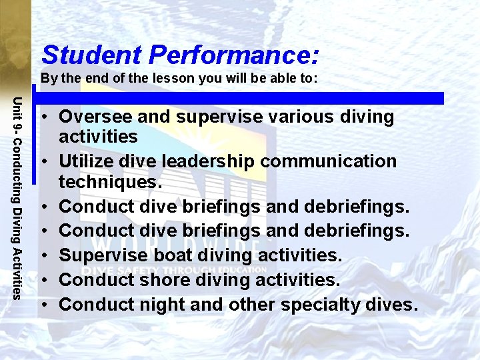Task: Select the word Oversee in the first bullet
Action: (95, 117)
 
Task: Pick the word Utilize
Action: (90, 161)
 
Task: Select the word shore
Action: (160, 280)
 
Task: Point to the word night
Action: (158, 305)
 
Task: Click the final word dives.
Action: (397, 305)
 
